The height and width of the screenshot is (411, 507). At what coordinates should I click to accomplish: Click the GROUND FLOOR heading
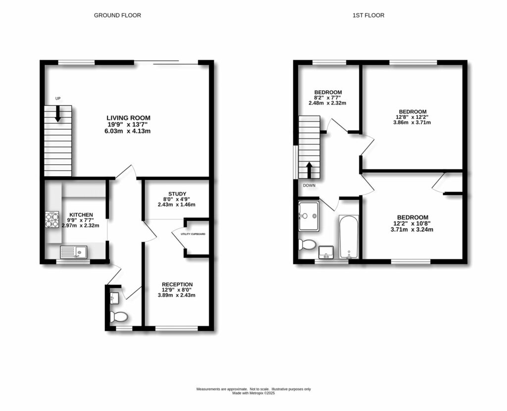pyautogui.click(x=117, y=15)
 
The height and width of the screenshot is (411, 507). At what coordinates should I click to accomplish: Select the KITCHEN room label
pyautogui.click(x=80, y=215)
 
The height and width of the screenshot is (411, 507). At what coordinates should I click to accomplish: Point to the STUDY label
pyautogui.click(x=176, y=194)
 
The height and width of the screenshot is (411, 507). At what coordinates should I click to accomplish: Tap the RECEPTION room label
pyautogui.click(x=177, y=284)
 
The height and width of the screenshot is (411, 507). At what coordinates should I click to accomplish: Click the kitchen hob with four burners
pyautogui.click(x=52, y=220)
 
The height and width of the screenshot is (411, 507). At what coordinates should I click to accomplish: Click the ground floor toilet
pyautogui.click(x=118, y=316)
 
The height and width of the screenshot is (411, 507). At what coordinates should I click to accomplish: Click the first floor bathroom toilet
pyautogui.click(x=308, y=244)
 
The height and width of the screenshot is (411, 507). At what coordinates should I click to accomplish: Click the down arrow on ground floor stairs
pyautogui.click(x=58, y=114)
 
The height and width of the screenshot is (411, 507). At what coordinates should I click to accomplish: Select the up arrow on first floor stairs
pyautogui.click(x=309, y=170)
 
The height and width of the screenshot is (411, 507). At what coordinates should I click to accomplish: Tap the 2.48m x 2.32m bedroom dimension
pyautogui.click(x=328, y=103)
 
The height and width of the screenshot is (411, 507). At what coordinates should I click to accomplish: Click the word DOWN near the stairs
pyautogui.click(x=309, y=185)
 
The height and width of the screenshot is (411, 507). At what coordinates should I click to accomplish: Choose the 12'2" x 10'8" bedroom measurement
pyautogui.click(x=412, y=224)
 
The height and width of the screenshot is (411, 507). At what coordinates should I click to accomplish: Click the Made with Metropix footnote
pyautogui.click(x=253, y=393)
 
